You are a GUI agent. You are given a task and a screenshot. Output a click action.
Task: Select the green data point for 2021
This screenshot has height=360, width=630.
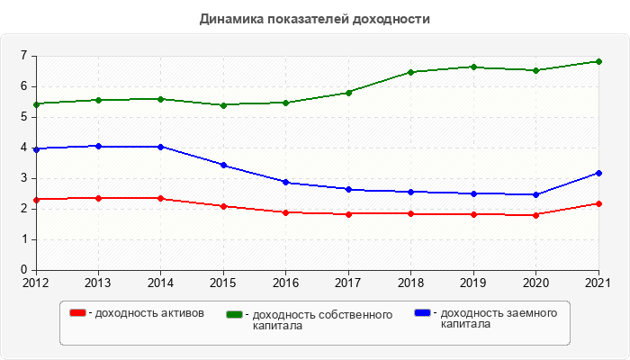coord(598,61)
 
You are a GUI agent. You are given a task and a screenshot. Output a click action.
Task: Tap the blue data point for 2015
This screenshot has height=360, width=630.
coord(223,165)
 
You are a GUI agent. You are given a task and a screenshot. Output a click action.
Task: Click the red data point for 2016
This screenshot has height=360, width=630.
coord(285,212)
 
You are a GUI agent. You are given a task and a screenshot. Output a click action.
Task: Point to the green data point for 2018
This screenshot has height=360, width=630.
coord(410,72)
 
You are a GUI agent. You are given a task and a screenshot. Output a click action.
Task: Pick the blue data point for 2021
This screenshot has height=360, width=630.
coord(598,173)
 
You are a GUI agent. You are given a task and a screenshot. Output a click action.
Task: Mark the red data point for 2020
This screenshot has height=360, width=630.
coord(535,215)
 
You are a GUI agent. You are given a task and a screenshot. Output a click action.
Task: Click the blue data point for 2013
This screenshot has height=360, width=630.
coord(98,146)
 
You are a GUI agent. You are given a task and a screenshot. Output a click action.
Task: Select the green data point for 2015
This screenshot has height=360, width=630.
coord(223,105)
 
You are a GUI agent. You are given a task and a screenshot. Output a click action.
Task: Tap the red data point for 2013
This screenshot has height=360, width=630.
coord(98,198)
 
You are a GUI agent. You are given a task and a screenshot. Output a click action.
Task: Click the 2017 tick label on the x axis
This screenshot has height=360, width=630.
coord(348,282)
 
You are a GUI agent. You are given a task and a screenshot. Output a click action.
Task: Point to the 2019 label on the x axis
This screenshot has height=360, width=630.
coord(473,282)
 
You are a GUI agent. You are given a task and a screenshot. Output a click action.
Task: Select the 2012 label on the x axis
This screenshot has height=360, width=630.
coord(36,282)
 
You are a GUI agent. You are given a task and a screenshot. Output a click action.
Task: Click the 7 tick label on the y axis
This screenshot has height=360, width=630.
coord(23,56)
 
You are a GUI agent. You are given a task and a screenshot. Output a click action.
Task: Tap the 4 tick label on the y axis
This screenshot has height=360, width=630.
coord(23,148)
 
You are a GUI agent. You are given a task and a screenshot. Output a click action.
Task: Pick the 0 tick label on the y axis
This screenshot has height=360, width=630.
coord(23,270)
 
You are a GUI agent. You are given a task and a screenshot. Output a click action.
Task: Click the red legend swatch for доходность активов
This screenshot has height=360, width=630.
coord(78,313)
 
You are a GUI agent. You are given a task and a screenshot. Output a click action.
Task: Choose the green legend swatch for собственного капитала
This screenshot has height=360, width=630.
coord(235,314)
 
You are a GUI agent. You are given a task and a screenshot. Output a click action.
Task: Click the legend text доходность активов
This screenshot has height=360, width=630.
coord(149,313)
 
